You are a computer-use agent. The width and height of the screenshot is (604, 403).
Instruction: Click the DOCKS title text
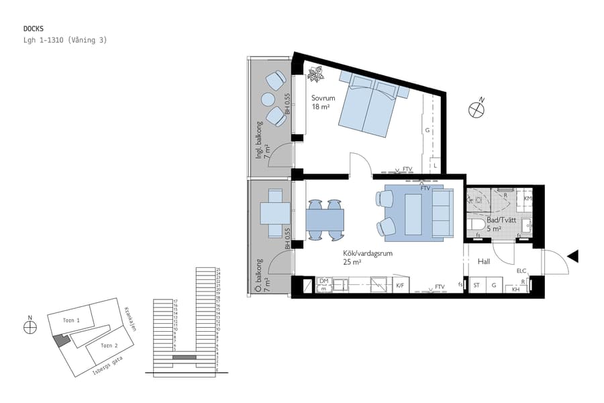click(34, 29)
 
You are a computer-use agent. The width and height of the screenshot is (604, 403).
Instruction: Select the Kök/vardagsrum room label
click(367, 253)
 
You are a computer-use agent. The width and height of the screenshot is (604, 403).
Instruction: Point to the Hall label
click(485, 261)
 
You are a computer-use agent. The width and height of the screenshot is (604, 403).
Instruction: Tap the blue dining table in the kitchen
click(325, 220)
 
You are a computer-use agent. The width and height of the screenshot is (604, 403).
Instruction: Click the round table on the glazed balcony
click(268, 99)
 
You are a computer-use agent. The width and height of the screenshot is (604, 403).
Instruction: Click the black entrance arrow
click(572, 255)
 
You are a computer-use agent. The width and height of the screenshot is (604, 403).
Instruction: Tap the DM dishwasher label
click(323, 281)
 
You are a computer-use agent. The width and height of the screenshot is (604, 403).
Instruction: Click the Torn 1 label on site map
click(71, 321)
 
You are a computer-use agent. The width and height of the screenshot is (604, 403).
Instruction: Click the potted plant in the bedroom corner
click(315, 75)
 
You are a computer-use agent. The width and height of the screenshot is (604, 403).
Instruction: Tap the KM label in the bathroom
click(527, 199)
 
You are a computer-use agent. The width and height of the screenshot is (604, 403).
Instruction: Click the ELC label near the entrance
click(521, 271)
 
